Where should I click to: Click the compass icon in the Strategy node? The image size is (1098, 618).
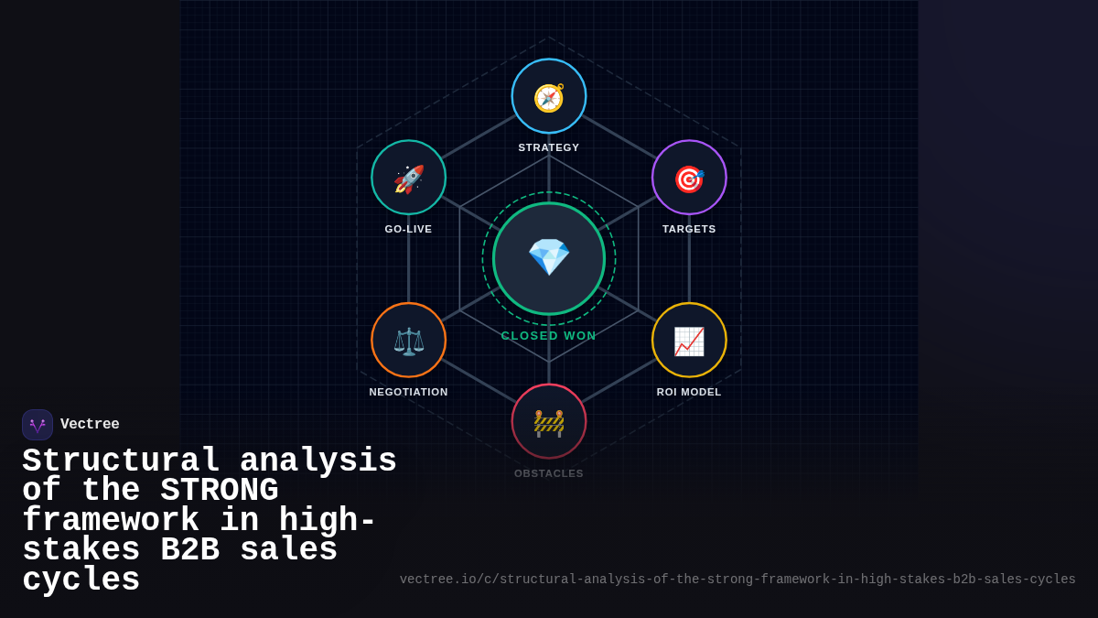coord(549,98)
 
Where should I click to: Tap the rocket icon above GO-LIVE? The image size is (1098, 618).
coord(409,179)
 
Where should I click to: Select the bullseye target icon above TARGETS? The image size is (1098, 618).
coord(689,179)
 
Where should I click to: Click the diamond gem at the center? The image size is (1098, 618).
coord(549,257)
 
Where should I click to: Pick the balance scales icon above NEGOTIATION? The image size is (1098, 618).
coord(409,342)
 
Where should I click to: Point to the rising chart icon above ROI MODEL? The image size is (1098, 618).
coord(689,342)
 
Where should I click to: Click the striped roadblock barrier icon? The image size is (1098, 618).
coord(549,423)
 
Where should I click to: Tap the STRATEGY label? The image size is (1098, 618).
coord(548,147)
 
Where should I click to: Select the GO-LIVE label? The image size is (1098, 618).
coord(408,229)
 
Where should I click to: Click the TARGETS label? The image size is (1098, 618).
coord(689,229)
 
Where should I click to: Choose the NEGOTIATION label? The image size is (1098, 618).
coord(408,392)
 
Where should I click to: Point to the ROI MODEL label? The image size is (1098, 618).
coord(689,392)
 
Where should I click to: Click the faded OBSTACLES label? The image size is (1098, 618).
coord(548,473)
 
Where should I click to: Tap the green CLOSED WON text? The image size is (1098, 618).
coord(548,335)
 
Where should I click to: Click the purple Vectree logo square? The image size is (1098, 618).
coord(38,425)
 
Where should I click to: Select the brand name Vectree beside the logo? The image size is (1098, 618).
coord(90,424)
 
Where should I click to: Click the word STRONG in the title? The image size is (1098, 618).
coord(219,490)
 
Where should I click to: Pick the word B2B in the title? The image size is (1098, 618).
coord(189,549)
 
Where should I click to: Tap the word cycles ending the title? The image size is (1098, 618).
coord(81,580)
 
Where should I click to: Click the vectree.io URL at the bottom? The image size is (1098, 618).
coord(737,580)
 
